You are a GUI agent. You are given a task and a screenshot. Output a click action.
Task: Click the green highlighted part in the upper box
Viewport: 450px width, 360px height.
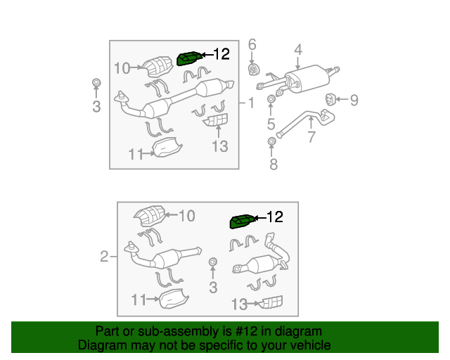pos(189,58)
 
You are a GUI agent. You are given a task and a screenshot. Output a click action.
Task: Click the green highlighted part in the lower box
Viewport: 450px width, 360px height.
pos(242,221)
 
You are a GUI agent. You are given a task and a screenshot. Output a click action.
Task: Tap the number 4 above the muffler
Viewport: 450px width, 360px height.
pos(298,50)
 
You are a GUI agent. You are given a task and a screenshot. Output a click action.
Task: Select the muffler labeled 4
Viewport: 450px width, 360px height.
pos(307,79)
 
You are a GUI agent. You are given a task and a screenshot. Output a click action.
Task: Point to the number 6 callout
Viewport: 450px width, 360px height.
pos(252,44)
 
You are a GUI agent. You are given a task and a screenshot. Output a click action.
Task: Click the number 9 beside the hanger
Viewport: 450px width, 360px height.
pos(354,100)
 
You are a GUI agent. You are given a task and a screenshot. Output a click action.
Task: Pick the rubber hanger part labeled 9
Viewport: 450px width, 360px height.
pos(330,99)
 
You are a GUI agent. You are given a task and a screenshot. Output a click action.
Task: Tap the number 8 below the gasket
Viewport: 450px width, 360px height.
pos(274,165)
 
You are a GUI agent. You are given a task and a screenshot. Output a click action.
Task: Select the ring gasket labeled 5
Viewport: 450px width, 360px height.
pos(271,99)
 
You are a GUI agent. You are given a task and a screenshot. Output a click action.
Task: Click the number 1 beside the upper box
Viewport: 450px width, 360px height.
pos(252,103)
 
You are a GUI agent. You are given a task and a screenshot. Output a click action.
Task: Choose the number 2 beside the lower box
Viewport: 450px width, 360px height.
pos(104,256)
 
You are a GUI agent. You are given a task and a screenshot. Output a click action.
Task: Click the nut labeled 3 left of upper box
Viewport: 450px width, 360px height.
pos(97,83)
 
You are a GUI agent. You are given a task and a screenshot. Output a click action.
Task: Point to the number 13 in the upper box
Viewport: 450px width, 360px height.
pos(220,146)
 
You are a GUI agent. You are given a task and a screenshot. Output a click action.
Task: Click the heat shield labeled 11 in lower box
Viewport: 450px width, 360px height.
pos(174,299)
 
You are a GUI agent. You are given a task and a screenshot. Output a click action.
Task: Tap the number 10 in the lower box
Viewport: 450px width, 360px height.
pos(187,216)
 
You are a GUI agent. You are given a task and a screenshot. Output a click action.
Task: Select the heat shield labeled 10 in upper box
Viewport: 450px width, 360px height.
pos(157,67)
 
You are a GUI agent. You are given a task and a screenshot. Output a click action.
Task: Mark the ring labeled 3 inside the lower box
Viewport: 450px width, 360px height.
pos(212,262)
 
